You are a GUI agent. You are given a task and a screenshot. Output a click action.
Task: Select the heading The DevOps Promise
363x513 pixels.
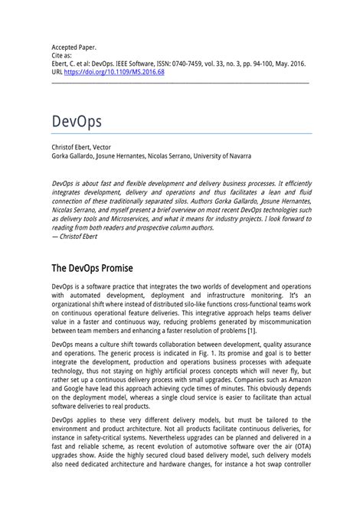point(92,269)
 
